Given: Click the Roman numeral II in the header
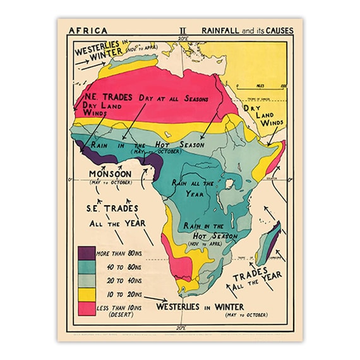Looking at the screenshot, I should tap(183, 30).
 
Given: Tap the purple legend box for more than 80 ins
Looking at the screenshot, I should tap(85, 253).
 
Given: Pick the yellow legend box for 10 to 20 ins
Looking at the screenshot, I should tap(85, 293).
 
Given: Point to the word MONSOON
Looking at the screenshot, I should tap(110, 174).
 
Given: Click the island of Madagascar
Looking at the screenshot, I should tap(268, 242).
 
